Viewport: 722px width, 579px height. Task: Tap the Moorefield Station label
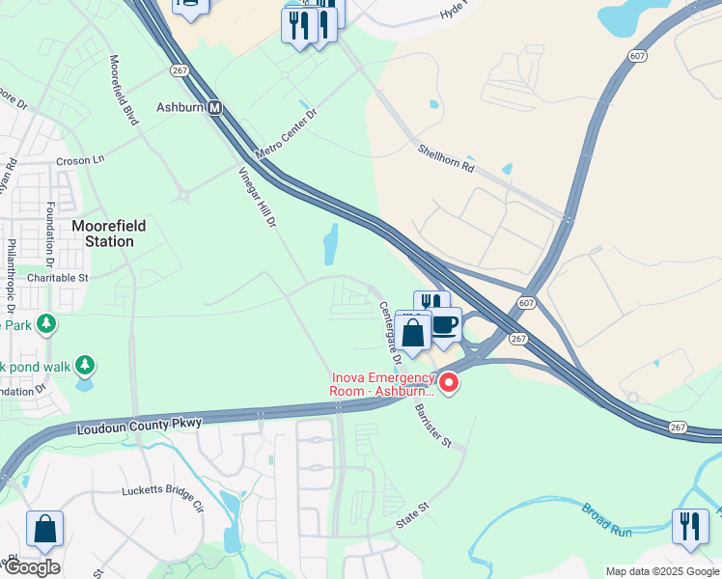(109, 234)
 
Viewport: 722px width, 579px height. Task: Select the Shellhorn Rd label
(447, 158)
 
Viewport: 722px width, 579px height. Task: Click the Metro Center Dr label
(287, 135)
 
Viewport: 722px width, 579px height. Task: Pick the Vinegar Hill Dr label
(258, 198)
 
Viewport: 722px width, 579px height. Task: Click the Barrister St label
(433, 424)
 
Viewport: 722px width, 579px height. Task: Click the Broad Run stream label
(606, 519)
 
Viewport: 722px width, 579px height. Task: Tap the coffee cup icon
(445, 324)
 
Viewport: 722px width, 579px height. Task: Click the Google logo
(31, 567)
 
